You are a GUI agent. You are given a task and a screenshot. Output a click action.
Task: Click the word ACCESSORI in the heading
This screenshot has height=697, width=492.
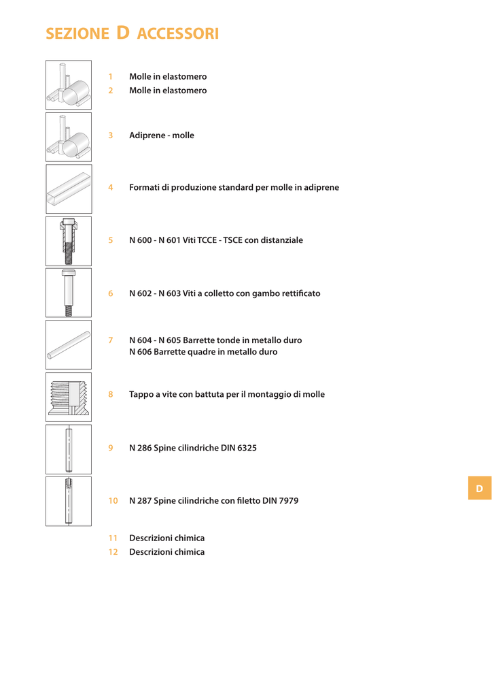178,33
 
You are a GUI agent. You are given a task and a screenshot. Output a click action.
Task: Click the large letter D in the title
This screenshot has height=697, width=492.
123,33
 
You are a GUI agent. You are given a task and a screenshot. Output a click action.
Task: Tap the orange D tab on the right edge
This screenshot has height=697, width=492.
480,488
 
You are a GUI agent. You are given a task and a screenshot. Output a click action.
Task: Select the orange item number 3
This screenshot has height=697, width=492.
111,135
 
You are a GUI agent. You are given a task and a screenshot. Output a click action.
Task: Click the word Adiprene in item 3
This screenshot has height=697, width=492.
147,135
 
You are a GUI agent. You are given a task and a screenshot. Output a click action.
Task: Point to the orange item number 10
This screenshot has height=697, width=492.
113,500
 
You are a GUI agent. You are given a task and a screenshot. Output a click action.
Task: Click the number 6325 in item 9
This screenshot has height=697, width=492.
247,448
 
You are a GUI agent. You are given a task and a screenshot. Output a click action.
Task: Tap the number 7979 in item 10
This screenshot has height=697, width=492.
289,500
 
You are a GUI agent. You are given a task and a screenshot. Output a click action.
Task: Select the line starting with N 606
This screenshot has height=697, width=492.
203,352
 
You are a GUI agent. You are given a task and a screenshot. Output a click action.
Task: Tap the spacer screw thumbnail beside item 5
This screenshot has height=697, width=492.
69,241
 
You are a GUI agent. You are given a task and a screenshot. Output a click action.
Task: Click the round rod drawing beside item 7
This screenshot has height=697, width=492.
69,344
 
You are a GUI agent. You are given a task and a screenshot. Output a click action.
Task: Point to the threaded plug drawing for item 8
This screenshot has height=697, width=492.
69,397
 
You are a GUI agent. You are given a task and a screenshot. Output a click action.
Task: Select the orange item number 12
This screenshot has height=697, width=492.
113,551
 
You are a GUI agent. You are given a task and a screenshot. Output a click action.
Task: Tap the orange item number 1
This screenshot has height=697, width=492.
111,76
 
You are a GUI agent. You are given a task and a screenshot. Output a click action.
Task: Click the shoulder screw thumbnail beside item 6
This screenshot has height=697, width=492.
69,293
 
